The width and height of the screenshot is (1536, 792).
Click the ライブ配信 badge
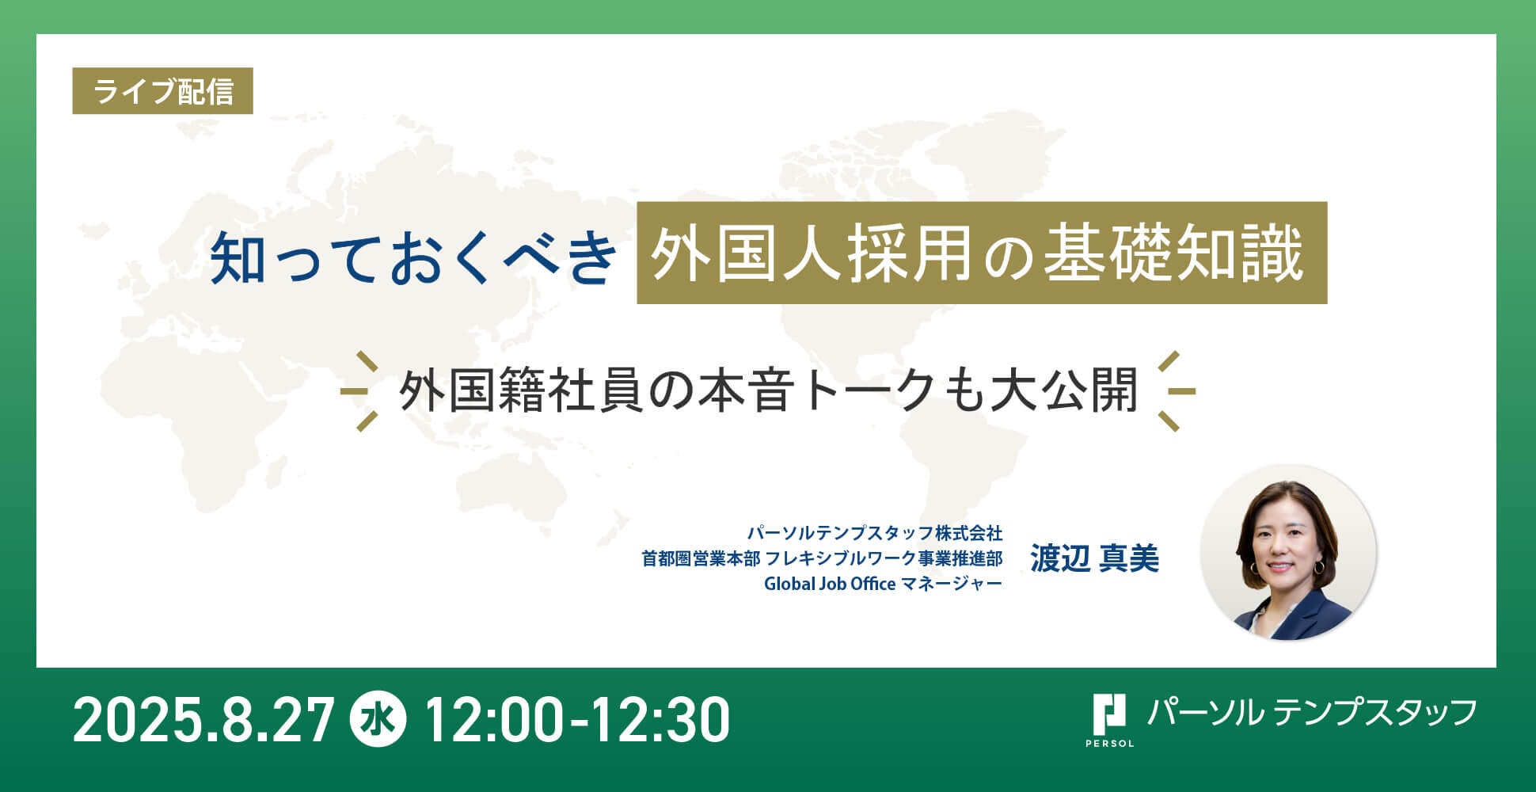pyautogui.click(x=162, y=91)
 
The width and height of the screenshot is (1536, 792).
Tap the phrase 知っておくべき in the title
pyautogui.click(x=413, y=257)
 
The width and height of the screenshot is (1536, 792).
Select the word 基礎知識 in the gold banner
pyautogui.click(x=1173, y=253)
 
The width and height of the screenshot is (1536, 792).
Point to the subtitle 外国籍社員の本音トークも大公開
pyautogui.click(x=768, y=390)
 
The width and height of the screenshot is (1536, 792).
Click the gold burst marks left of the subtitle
pyautogui.click(x=359, y=391)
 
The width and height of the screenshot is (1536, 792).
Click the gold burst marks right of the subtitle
pyautogui.click(x=1176, y=391)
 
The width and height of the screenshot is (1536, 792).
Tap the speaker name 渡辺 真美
pyautogui.click(x=1094, y=558)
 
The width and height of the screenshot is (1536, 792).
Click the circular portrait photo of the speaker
pyautogui.click(x=1288, y=552)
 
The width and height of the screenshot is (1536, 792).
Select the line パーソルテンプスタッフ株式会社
pyautogui.click(x=875, y=532)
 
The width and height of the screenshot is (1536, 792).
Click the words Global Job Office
pyautogui.click(x=830, y=584)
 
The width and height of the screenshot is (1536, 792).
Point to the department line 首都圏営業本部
pyautogui.click(x=701, y=558)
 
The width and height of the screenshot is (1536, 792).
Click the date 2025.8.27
pyautogui.click(x=204, y=721)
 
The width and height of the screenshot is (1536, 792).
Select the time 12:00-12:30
pyautogui.click(x=577, y=721)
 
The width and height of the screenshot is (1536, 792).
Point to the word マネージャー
pyautogui.click(x=952, y=584)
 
